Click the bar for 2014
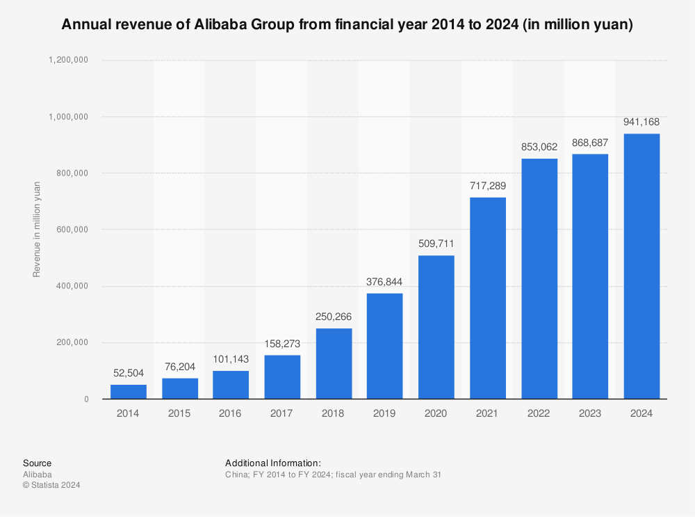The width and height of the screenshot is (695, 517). coord(129,391)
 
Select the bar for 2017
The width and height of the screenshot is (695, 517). coord(282,376)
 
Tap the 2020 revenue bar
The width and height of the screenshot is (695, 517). coord(436,327)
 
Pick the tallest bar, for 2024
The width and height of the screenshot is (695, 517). coord(641,266)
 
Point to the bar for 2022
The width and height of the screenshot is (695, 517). coord(539,278)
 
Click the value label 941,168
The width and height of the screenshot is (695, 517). coord(641,122)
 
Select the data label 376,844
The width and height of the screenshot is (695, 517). coord(385,282)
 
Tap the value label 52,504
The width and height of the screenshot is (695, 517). coord(129,374)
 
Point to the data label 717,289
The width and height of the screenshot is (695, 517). coord(487,186)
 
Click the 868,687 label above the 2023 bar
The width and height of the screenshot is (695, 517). coord(590,143)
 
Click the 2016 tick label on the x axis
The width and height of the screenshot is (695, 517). coord(231,413)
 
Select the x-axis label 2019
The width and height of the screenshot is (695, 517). coord(385,413)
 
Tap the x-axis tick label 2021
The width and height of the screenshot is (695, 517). coord(487,413)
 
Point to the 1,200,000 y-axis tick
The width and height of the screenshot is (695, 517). coord(68,60)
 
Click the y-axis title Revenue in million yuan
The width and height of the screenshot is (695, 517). coord(37,229)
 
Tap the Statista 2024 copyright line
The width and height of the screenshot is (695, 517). coord(51,485)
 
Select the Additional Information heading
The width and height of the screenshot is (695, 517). coord(272,463)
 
